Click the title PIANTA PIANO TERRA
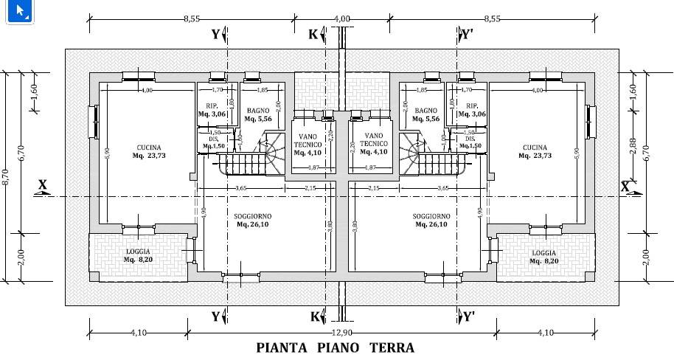(x=335, y=347)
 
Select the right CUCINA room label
(x=534, y=151)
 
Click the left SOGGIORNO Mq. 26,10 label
(x=251, y=220)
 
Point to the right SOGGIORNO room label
(x=431, y=220)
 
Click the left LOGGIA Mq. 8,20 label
(x=138, y=256)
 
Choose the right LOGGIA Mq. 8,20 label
(x=543, y=256)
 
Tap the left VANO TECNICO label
(x=308, y=145)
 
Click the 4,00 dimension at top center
(x=341, y=18)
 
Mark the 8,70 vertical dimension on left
(x=6, y=176)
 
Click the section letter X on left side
(x=42, y=185)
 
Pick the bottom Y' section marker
(x=468, y=317)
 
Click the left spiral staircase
(x=269, y=151)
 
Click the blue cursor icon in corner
(x=19, y=12)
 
